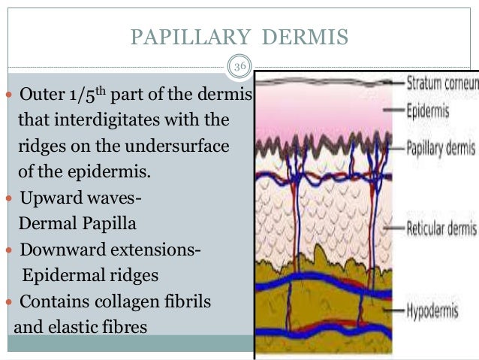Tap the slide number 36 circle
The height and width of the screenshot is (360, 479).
239,68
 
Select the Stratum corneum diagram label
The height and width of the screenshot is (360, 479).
442,82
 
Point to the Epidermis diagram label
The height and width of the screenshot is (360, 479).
428,111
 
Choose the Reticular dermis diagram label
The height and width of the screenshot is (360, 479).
441,226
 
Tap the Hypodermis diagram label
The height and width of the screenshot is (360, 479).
432,309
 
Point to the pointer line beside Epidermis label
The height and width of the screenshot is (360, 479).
393,111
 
